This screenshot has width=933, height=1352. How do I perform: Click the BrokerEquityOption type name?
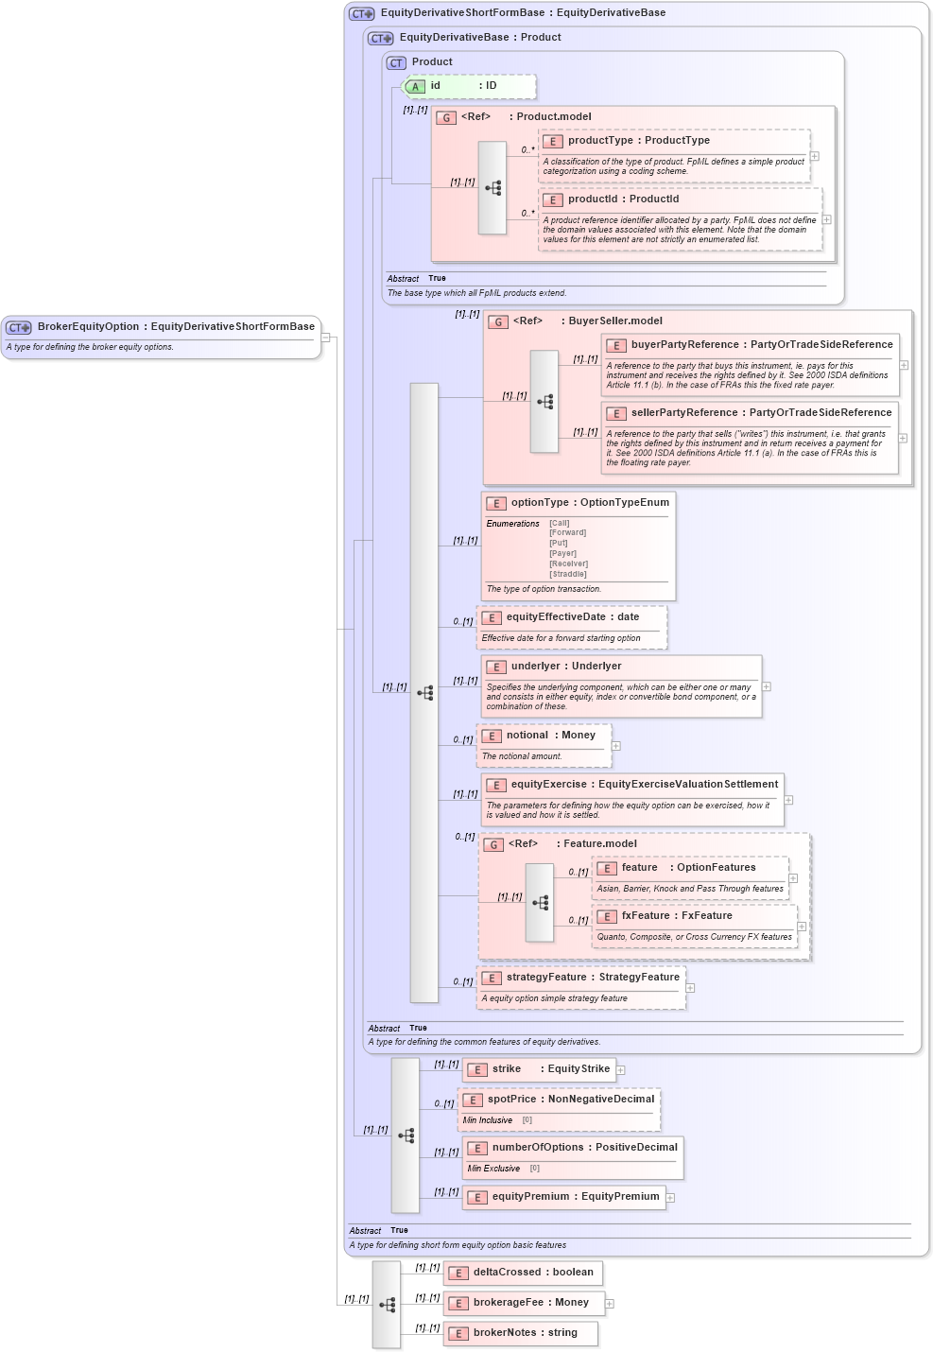[x=88, y=327]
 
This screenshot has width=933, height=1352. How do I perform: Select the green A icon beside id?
[x=414, y=87]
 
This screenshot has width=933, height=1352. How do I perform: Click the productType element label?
[x=599, y=141]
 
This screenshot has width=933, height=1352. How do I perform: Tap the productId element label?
[x=596, y=199]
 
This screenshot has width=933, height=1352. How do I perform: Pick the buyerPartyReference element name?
[x=684, y=345]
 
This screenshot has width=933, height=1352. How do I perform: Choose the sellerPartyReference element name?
[x=684, y=413]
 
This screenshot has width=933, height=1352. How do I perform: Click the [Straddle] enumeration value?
[x=568, y=574]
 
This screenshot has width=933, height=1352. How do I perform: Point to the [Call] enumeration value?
[x=560, y=523]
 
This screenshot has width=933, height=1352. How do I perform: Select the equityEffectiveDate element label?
[x=555, y=617]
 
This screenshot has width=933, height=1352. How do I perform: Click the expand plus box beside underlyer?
[x=767, y=687]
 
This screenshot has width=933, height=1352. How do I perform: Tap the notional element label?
[x=527, y=736]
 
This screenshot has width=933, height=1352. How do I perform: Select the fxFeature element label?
[x=645, y=916]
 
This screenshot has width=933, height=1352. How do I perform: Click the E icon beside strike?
[x=477, y=1070]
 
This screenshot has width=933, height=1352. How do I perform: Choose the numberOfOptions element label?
[x=537, y=1148]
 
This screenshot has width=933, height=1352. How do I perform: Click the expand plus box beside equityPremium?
[x=670, y=1198]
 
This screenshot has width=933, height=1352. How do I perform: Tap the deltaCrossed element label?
[x=507, y=1273]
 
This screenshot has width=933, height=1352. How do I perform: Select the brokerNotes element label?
[x=504, y=1333]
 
